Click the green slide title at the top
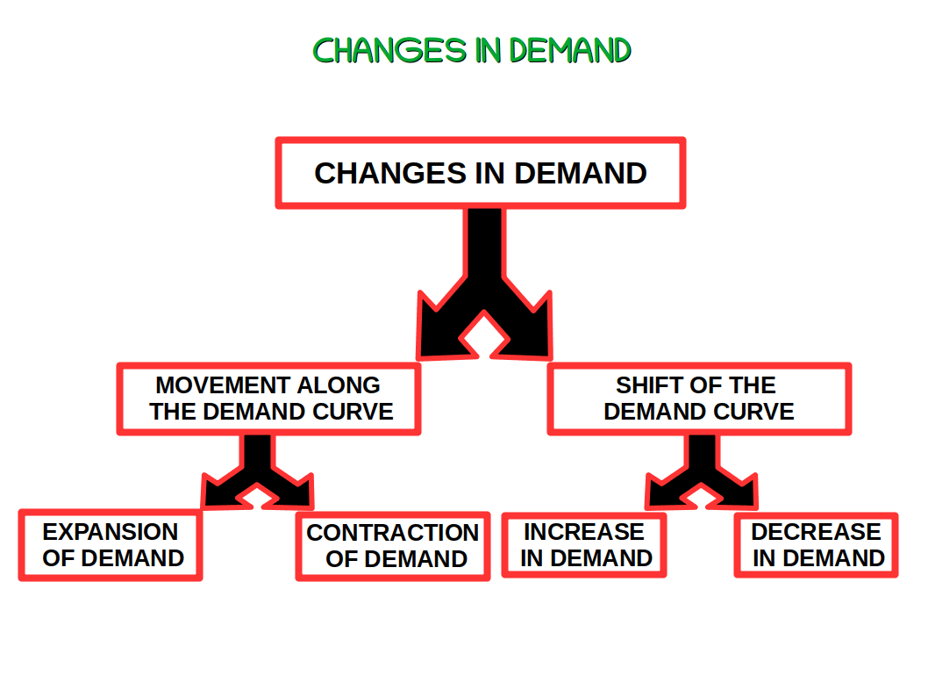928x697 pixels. pos(472,50)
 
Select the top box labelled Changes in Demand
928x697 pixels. pos(480,173)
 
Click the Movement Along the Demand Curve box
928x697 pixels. pos(269,399)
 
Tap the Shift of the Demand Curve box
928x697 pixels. pos(699,399)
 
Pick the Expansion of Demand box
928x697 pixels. pos(111,545)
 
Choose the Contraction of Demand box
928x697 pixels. pos(393,546)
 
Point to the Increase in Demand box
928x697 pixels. pos(584,545)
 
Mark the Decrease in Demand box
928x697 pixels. pos(816,545)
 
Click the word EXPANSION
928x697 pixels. pos(111,532)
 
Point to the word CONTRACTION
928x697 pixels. pos(393,533)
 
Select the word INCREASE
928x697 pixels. pos(584,532)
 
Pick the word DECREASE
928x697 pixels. pos(816,532)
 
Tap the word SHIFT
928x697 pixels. pos(648,385)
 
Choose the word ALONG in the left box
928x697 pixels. pos(339,385)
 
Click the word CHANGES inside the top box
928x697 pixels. pos(391,173)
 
